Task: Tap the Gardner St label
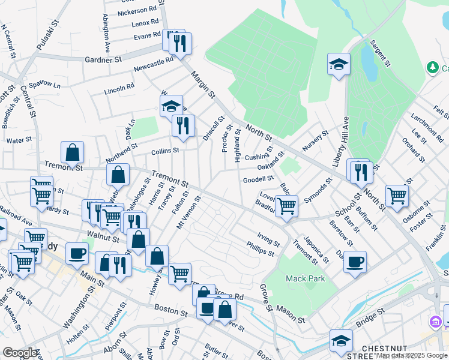click(x=103, y=59)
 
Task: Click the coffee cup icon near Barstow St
click(x=355, y=261)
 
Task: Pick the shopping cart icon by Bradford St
click(x=286, y=205)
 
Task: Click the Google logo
click(x=19, y=352)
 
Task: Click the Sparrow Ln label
click(x=44, y=85)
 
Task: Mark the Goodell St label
click(x=258, y=179)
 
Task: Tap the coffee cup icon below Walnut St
click(x=76, y=253)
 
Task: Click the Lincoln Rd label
click(x=119, y=88)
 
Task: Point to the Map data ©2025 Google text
click(x=411, y=355)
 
